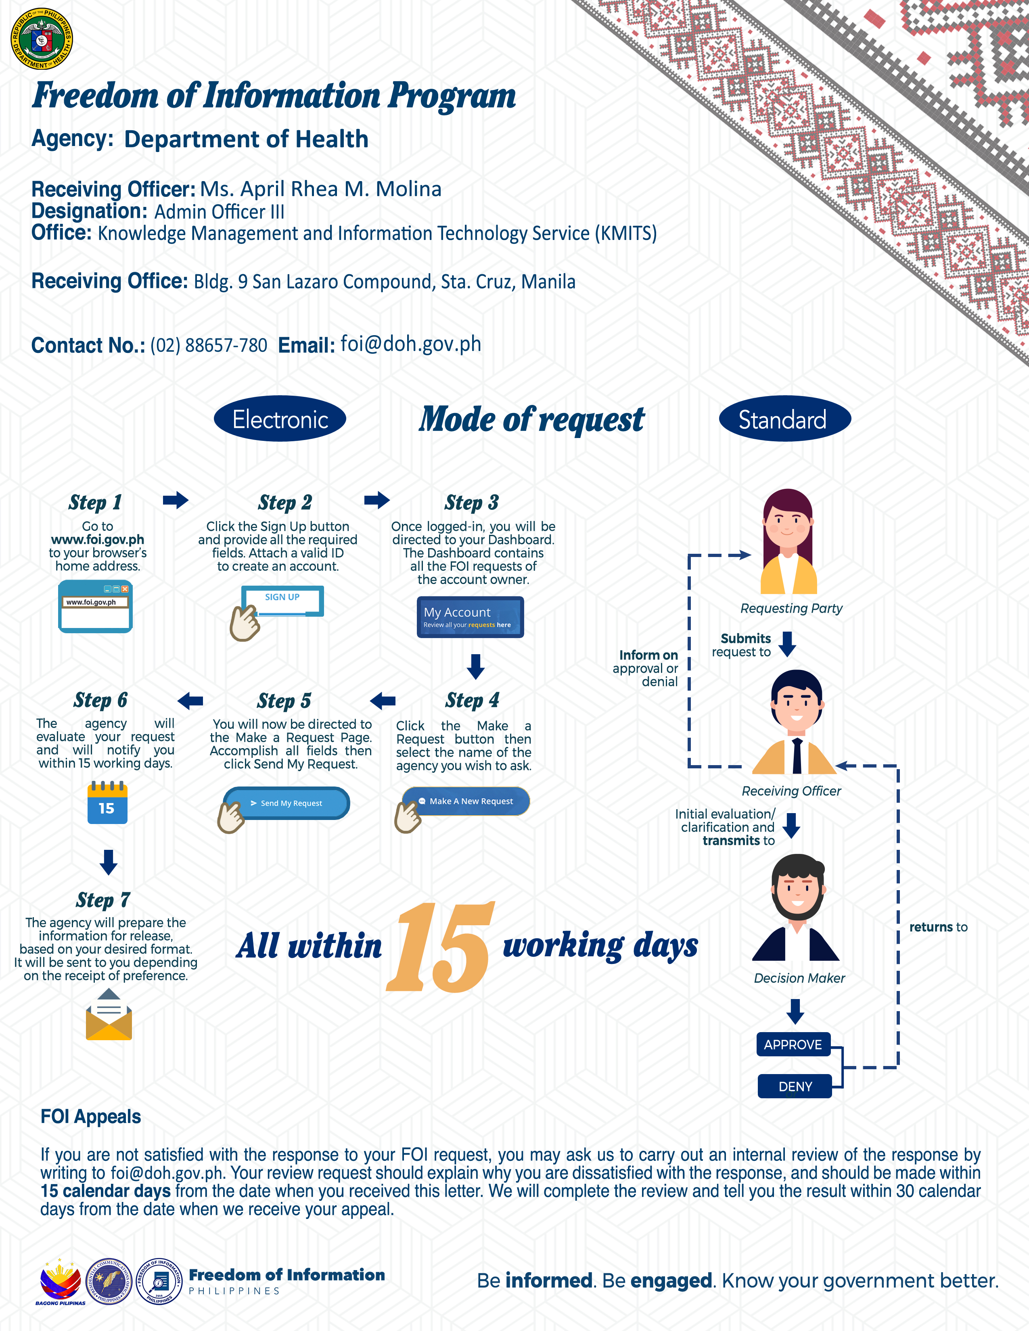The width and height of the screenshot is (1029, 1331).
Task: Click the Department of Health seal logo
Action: [x=42, y=38]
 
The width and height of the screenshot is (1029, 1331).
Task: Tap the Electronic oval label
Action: [x=280, y=419]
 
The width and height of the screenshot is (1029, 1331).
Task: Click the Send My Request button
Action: [x=287, y=803]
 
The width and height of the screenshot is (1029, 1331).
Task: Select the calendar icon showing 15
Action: [x=107, y=803]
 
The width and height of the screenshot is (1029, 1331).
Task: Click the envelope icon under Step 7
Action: [x=109, y=1015]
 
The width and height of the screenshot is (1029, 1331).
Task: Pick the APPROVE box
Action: [x=793, y=1045]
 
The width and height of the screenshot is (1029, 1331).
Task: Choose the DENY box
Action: [x=795, y=1086]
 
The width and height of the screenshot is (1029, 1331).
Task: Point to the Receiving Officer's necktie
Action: [x=797, y=756]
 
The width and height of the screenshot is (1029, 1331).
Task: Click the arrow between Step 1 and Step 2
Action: [x=176, y=501]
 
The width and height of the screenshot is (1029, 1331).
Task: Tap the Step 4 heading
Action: [x=473, y=700]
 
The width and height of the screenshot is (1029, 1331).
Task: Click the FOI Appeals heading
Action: [x=91, y=1116]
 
